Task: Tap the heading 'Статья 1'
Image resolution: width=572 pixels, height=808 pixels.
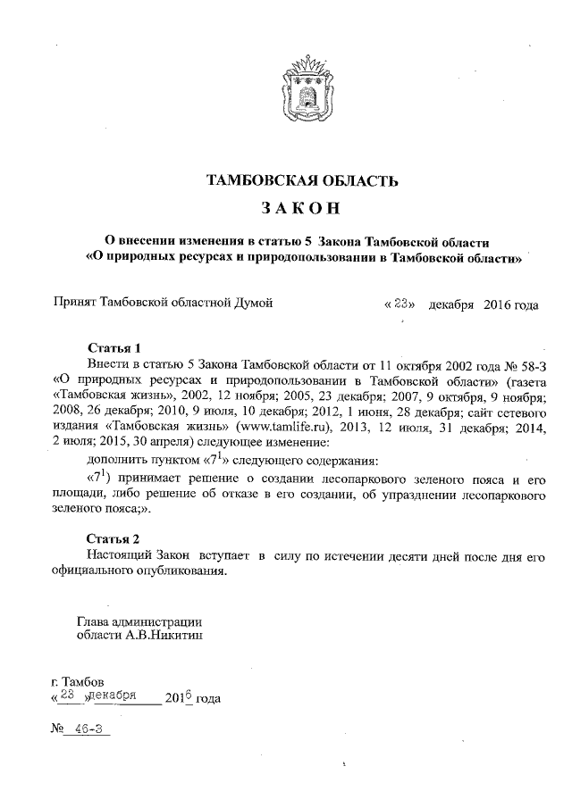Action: [114, 347]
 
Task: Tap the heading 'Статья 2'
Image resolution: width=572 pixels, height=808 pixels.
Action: [114, 539]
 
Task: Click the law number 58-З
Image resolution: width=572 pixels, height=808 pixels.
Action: [527, 364]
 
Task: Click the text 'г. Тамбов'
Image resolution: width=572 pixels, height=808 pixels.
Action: [82, 683]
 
